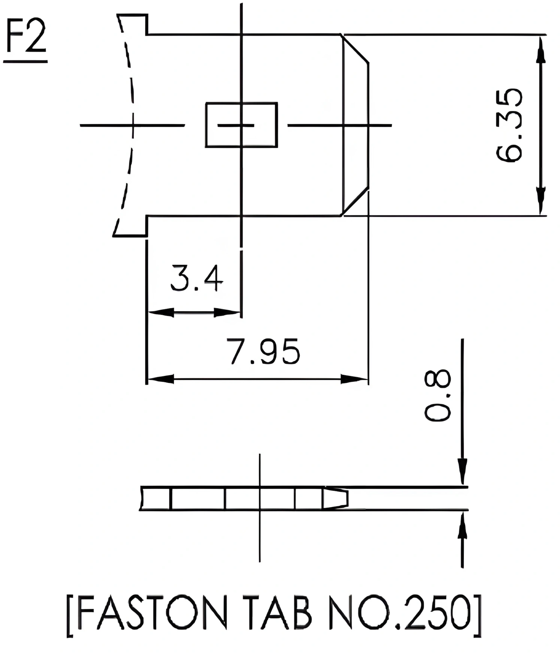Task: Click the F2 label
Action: coord(25,37)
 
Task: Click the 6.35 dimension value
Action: coord(508,125)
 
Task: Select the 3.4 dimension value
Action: coord(197,278)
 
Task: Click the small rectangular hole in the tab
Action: coord(242,125)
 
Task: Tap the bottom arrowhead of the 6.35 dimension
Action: coord(540,200)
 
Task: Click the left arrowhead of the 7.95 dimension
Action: coord(161,379)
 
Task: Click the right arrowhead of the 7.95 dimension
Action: coord(354,379)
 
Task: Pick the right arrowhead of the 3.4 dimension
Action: coord(226,312)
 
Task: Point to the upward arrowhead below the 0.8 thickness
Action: coord(463,525)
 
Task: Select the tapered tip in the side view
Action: coord(336,498)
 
